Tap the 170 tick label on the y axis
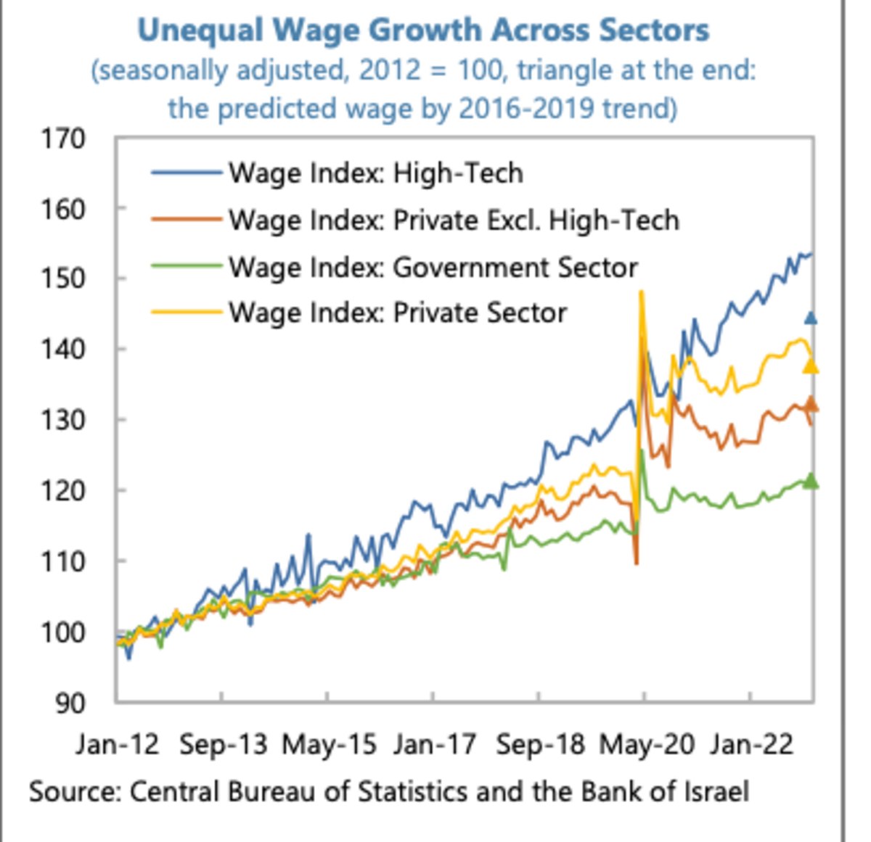(63, 138)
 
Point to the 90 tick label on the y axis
(71, 702)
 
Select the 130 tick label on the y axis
(63, 420)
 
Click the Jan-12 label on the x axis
(117, 745)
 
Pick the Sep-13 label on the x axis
(223, 745)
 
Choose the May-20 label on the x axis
(646, 745)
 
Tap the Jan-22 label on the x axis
(751, 745)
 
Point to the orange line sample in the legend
(186, 219)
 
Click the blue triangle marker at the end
(811, 318)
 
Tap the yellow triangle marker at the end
(811, 366)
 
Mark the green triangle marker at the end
(811, 481)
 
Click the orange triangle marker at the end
(811, 405)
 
